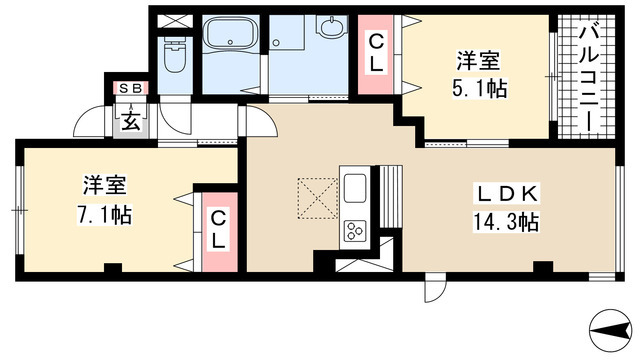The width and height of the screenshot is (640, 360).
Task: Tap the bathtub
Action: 231,35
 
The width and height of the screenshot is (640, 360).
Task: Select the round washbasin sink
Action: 331,27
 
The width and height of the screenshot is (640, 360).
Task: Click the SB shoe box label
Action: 131,88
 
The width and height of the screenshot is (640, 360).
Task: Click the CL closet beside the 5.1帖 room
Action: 376,54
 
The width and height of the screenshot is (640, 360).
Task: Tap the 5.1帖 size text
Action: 479,88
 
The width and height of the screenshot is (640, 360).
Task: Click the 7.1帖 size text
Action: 104,215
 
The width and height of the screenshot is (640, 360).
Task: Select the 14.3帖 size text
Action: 506,222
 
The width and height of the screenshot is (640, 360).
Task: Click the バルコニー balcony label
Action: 589,78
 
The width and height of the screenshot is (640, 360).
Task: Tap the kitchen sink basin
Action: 355,188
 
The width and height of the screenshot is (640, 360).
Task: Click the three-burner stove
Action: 355,231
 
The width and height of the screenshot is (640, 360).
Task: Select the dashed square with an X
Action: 318,198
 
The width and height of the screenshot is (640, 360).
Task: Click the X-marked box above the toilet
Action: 174,21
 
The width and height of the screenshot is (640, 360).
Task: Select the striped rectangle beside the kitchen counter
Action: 391,197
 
